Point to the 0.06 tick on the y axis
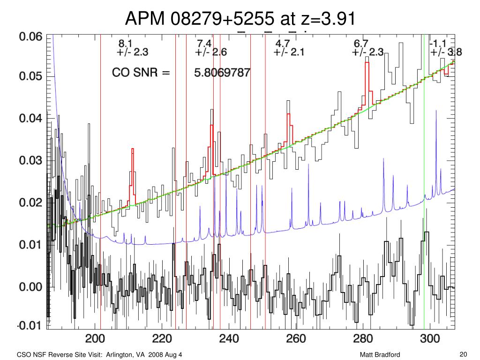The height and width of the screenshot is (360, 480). click(30, 37)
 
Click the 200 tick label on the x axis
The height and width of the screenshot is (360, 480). click(94, 339)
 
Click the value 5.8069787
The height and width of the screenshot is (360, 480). click(222, 73)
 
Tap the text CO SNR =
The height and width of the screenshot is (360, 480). click(141, 73)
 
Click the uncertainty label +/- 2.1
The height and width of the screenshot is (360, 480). click(289, 52)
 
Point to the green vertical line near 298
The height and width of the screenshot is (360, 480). click(424, 187)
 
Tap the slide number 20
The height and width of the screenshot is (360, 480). click(464, 354)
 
